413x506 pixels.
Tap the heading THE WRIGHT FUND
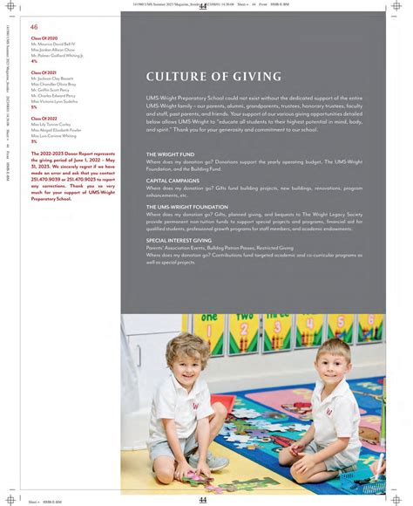point(171,154)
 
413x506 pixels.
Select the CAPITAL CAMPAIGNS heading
point(173,181)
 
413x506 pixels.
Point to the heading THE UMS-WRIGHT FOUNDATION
point(187,207)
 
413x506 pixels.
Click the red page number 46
point(34,27)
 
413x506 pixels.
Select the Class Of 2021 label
point(44,72)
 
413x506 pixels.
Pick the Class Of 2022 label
point(44,118)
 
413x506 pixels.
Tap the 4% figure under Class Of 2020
point(34,62)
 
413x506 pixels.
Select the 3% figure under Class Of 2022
point(34,141)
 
